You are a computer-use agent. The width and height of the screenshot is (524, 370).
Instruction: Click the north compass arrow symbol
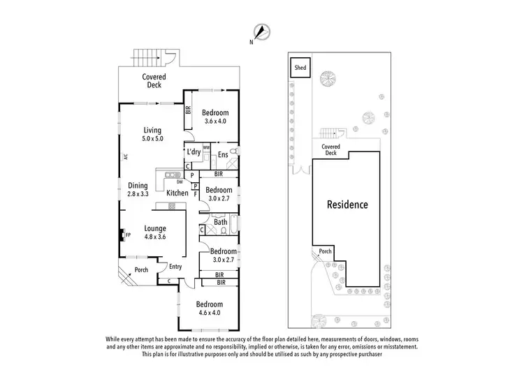coord(262,32)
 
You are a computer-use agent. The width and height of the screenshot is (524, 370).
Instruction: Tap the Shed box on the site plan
coord(300,68)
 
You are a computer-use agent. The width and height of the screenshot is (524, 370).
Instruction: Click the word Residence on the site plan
coord(347,205)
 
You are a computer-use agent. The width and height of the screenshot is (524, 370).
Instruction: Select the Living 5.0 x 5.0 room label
coord(152,134)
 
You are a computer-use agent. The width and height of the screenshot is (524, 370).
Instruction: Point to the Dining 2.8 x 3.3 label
coord(138,190)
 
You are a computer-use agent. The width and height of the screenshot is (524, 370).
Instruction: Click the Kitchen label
coord(177,193)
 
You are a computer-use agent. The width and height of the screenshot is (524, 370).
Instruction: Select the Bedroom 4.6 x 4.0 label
coord(209,309)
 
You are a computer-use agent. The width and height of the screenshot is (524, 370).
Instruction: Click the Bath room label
coord(220,223)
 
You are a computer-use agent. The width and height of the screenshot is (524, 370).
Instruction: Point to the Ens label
coord(222,154)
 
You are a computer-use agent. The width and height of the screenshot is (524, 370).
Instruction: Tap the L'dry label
coord(194,152)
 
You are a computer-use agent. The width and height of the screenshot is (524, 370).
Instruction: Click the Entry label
coord(175,266)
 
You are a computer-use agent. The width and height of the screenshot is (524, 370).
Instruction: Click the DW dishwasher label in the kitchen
coord(180,182)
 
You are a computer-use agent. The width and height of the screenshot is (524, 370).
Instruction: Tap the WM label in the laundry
coord(207,147)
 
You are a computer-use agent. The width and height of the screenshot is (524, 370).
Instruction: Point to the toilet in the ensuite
coord(235,151)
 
